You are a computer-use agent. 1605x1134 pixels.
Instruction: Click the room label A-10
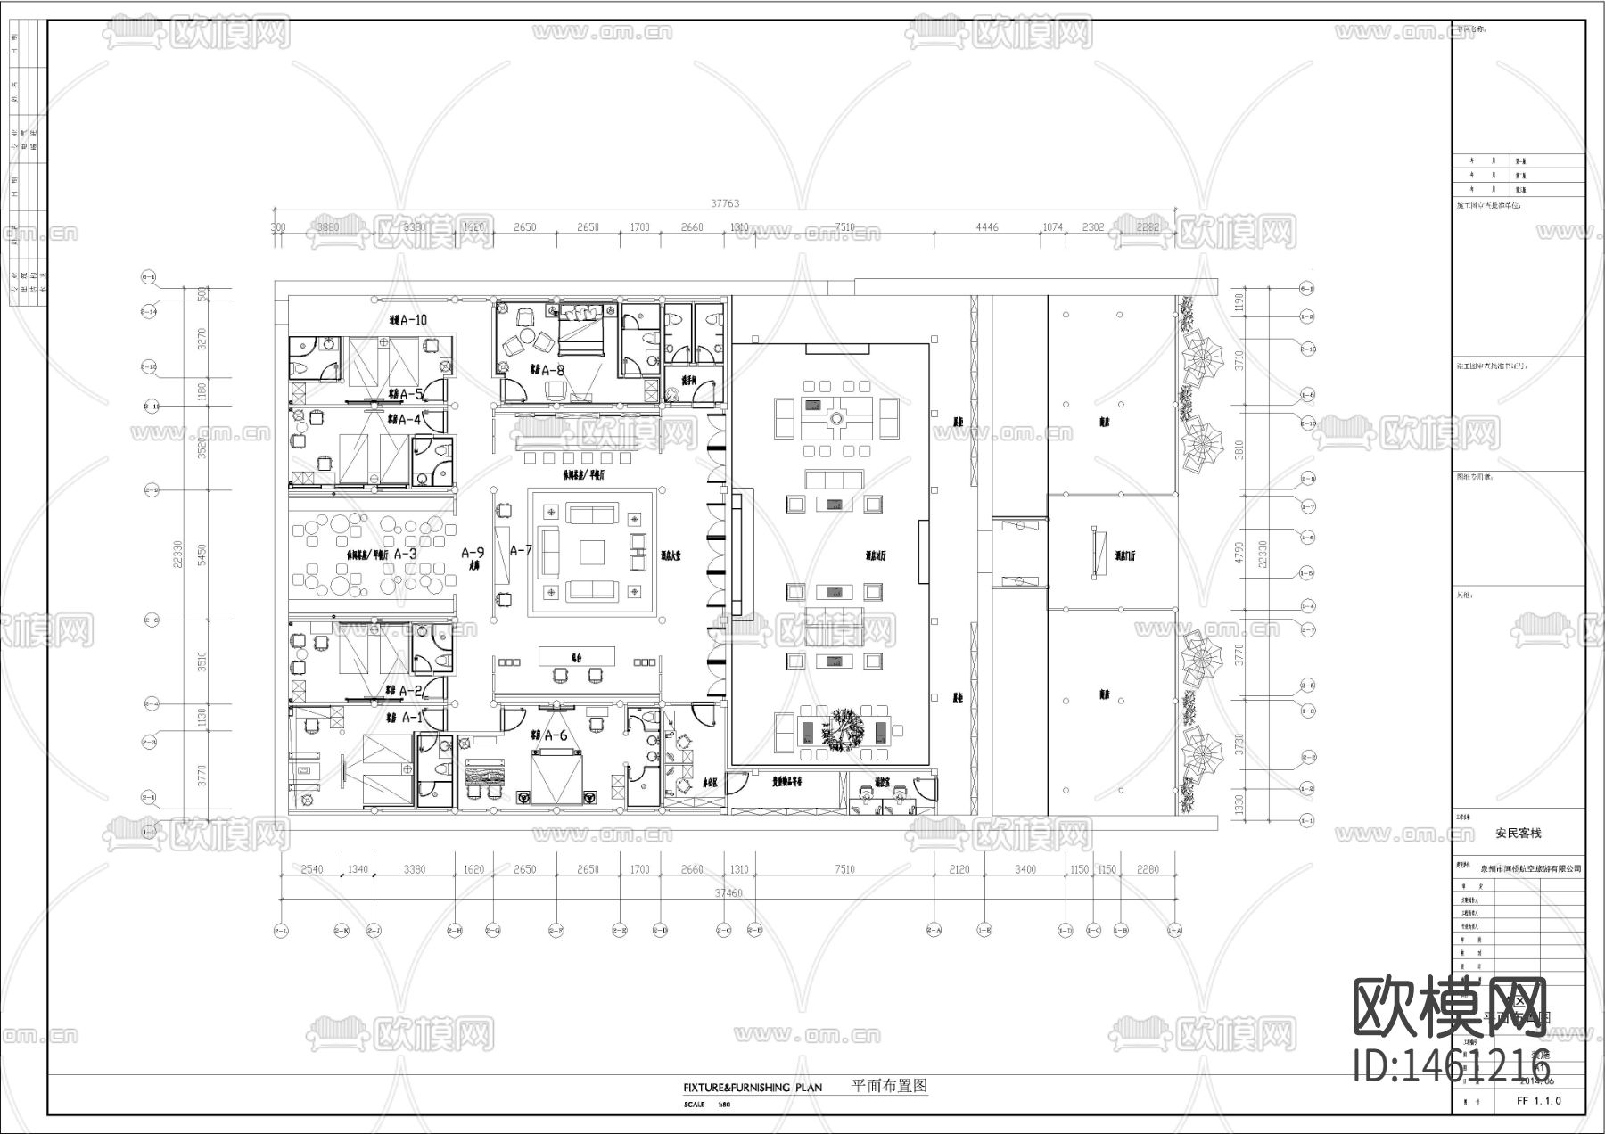(415, 320)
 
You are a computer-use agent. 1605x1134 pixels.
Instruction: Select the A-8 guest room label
(554, 370)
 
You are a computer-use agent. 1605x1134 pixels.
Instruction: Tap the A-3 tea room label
(406, 554)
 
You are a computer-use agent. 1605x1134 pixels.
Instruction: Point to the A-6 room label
(556, 735)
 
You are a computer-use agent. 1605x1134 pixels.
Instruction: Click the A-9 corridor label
(473, 554)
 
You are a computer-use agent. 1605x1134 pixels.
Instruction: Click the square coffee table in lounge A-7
(591, 554)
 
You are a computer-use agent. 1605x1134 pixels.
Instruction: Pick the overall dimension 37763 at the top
(724, 203)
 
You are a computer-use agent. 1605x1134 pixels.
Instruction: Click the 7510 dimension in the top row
(844, 227)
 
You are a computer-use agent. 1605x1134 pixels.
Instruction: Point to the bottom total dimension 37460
(728, 892)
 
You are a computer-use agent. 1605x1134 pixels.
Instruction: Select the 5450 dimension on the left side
(202, 555)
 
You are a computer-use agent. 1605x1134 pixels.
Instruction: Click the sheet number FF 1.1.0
(1539, 1100)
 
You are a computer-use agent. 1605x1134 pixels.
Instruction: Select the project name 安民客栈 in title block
(1518, 834)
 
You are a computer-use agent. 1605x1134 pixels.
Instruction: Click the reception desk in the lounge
(577, 656)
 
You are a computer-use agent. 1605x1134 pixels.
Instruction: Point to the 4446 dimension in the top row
(986, 227)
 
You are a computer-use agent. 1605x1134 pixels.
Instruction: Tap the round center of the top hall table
(837, 416)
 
